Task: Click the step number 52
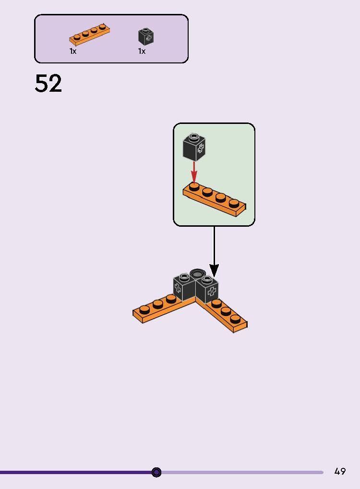pyautogui.click(x=48, y=84)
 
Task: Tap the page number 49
pyautogui.click(x=340, y=471)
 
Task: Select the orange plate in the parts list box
pyautogui.click(x=90, y=35)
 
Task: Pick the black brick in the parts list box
pyautogui.click(x=146, y=37)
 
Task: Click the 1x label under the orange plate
pyautogui.click(x=73, y=51)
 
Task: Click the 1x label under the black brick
pyautogui.click(x=142, y=51)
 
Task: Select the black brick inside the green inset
pyautogui.click(x=194, y=147)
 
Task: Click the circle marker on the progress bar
pyautogui.click(x=156, y=472)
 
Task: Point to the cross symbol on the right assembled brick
pyautogui.click(x=212, y=292)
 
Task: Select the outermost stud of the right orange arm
pyautogui.click(x=235, y=318)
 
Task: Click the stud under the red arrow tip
pyautogui.click(x=194, y=186)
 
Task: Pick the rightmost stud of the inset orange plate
pyautogui.click(x=234, y=204)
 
